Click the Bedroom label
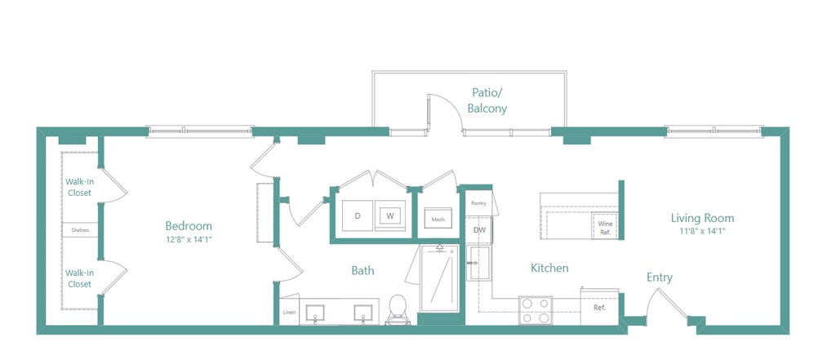tap(189, 226)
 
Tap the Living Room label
tap(702, 218)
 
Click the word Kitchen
tap(549, 268)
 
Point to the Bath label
tap(362, 270)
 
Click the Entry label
tap(660, 278)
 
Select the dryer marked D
tap(358, 216)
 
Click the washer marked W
tap(389, 216)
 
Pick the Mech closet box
tap(438, 220)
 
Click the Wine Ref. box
tap(605, 228)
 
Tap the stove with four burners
tap(536, 310)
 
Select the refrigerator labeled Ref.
tap(599, 308)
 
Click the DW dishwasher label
tap(479, 230)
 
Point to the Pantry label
tap(478, 202)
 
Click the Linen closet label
tap(289, 313)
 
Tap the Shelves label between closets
tap(80, 230)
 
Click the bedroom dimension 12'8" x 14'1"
tap(189, 239)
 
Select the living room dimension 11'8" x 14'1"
tap(702, 231)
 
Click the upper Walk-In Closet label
tap(79, 188)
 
